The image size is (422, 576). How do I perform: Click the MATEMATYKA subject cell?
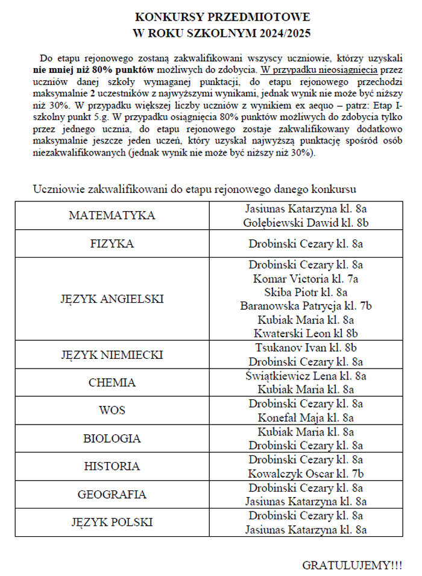(112, 216)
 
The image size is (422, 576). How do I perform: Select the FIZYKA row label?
(112, 244)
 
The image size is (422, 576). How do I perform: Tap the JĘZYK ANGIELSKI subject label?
(112, 299)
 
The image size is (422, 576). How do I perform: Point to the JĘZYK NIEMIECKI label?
(112, 355)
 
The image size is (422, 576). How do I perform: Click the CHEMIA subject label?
(112, 383)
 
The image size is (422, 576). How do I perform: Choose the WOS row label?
(112, 411)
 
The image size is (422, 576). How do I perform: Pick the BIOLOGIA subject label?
(112, 438)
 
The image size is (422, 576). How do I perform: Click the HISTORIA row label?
(112, 466)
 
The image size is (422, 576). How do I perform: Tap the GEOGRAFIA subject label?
(112, 495)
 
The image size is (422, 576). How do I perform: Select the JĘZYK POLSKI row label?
(112, 522)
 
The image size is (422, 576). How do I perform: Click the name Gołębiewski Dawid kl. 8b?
(306, 223)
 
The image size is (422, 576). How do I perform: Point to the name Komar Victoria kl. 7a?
(306, 279)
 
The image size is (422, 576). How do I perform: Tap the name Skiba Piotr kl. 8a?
(306, 293)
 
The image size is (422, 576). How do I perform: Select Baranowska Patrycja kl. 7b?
(306, 306)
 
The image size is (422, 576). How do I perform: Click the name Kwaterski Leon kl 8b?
(306, 334)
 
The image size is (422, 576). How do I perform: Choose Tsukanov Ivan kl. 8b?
(306, 348)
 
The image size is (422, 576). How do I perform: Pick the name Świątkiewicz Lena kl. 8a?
(306, 376)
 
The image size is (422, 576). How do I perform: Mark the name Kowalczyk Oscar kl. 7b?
(306, 473)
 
